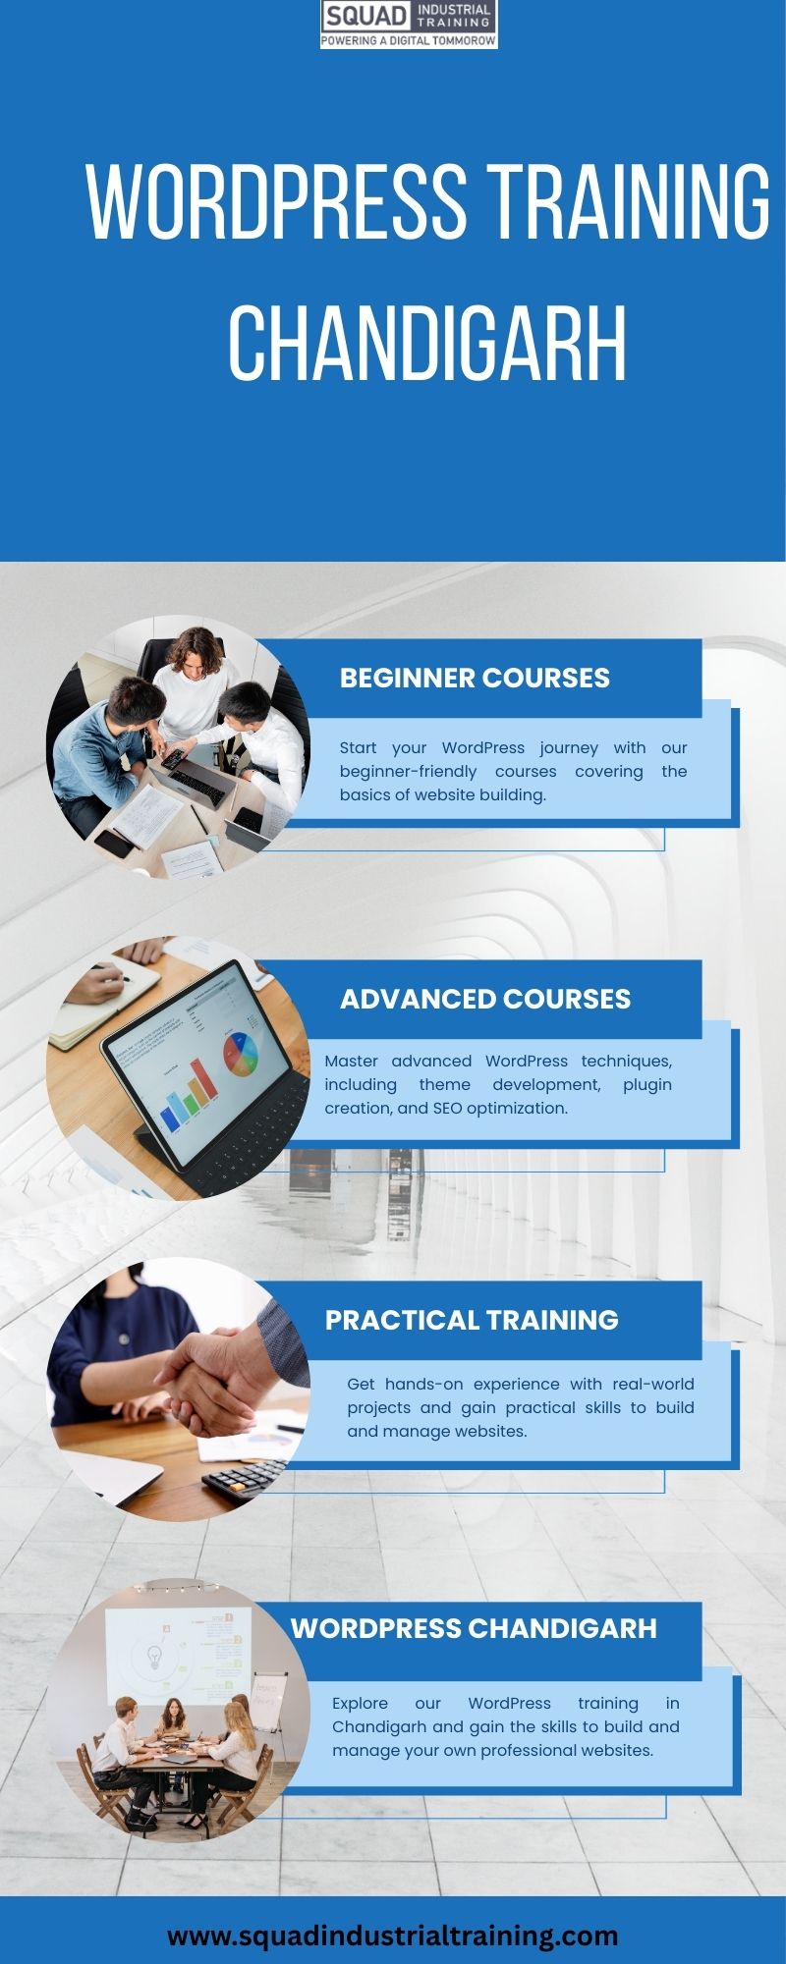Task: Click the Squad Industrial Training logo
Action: point(409,25)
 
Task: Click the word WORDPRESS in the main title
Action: point(277,202)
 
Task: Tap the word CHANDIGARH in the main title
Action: point(427,343)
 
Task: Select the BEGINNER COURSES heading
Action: point(475,678)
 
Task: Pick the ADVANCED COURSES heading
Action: point(485,999)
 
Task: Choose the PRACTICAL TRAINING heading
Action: point(472,1320)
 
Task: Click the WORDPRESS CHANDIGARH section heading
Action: point(474,1628)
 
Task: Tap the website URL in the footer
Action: point(393,1936)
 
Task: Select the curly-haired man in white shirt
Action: point(194,684)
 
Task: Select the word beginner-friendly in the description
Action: point(408,772)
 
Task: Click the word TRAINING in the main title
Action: point(629,202)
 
